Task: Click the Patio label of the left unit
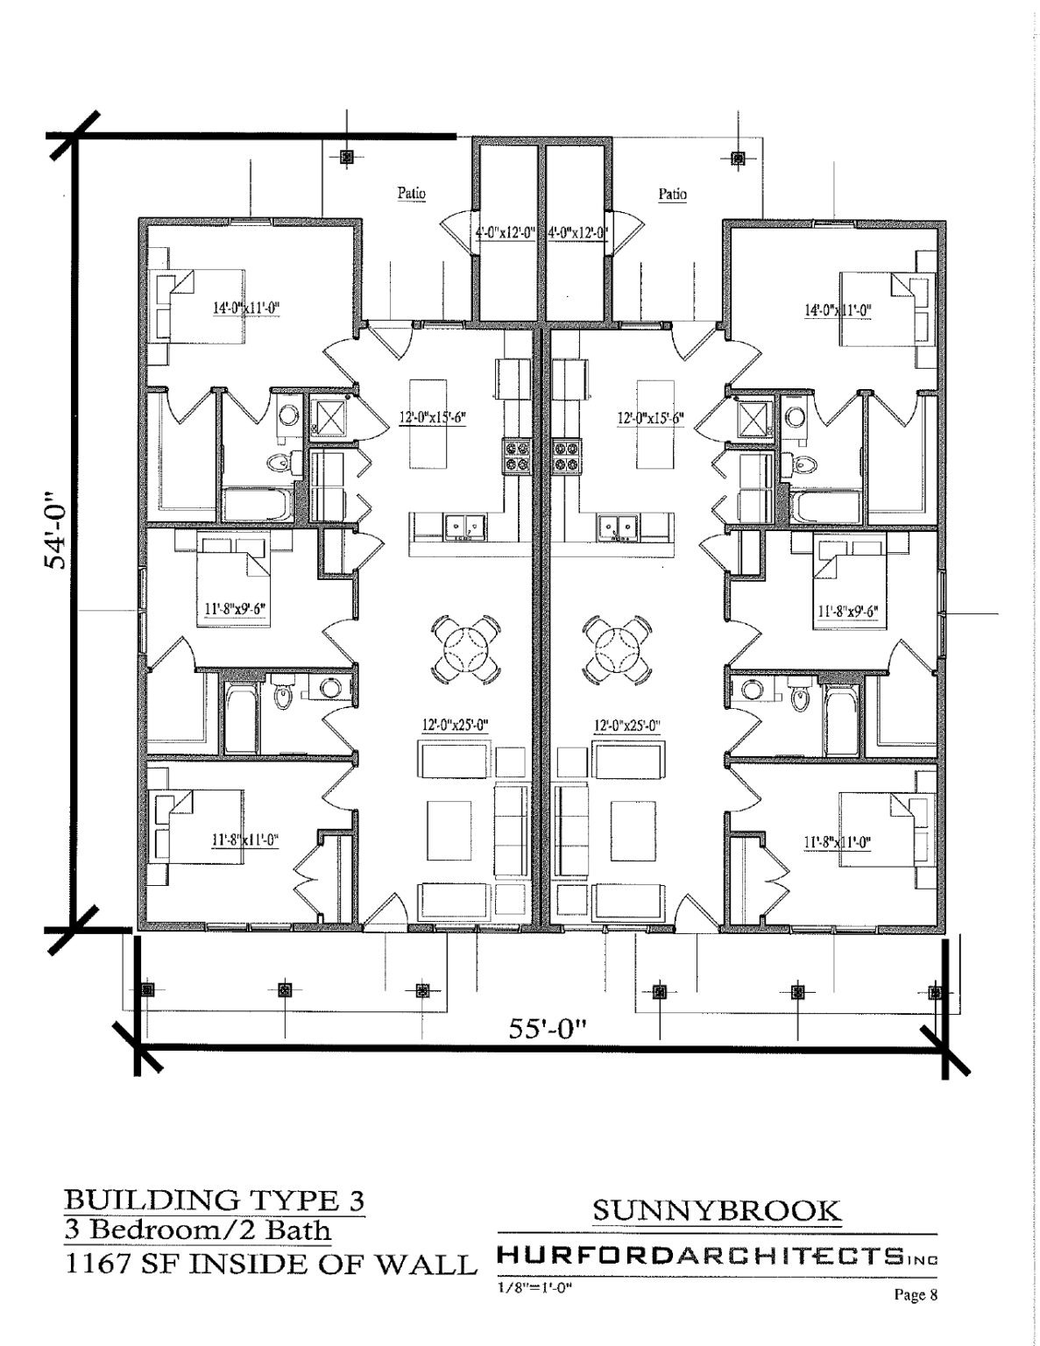click(412, 194)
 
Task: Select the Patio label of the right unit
click(672, 194)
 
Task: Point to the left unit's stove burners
click(518, 456)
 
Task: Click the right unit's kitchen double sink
click(618, 527)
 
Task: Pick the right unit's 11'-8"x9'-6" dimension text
click(847, 612)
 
